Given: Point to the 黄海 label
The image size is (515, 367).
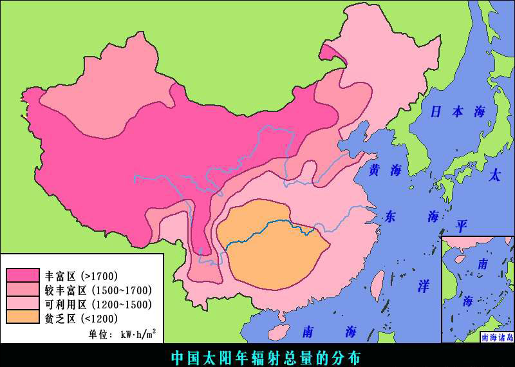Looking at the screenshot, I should pos(385,170).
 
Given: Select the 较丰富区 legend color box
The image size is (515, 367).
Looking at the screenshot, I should pos(23,290).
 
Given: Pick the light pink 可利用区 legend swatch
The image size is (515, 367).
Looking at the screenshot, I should pos(23,303).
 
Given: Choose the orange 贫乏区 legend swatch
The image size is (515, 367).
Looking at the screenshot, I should pos(23,317).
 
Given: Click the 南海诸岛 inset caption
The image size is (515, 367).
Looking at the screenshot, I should pos(497,337).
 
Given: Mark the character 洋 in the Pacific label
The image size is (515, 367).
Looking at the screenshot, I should pos(423,286).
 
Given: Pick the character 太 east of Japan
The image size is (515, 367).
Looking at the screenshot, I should pos(494,175).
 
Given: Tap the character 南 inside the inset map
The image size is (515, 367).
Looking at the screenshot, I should pos(482,263).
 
